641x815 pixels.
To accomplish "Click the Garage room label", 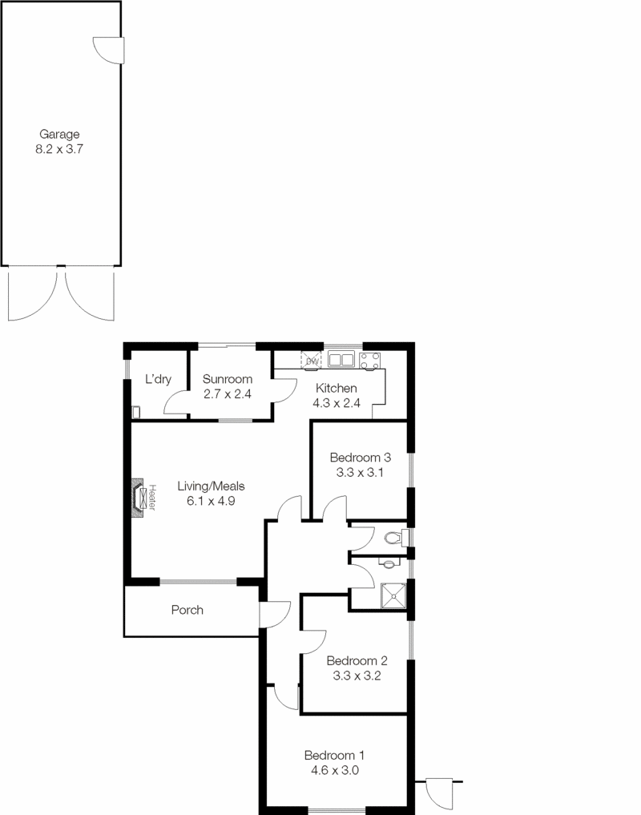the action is (x=59, y=135).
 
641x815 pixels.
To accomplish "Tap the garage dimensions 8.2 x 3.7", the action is (x=59, y=149).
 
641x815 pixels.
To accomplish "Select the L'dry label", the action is (x=158, y=379).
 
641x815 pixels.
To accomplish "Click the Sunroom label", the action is (x=228, y=379).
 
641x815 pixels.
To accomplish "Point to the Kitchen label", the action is (x=337, y=388).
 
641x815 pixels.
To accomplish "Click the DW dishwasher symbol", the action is (x=311, y=360).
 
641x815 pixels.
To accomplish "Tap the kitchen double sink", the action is (x=341, y=359).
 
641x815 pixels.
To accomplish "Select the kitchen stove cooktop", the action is (x=369, y=361).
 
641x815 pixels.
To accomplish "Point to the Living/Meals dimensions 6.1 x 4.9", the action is (x=211, y=501).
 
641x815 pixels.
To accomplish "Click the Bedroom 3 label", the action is (x=361, y=458).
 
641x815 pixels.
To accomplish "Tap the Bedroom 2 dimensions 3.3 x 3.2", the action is (x=357, y=676).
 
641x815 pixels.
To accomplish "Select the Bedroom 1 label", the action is (x=334, y=755).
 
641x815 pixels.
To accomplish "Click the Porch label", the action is (x=187, y=610).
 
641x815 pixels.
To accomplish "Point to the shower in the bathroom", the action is (x=393, y=595).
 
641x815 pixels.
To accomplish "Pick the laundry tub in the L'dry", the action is (x=135, y=412).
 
